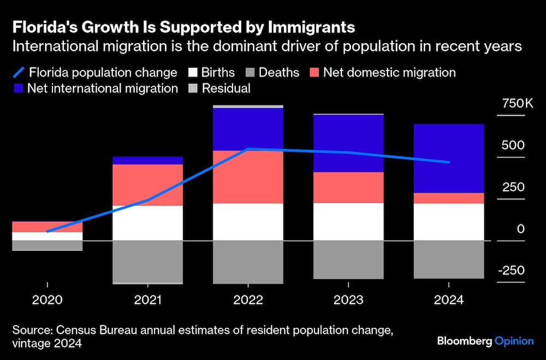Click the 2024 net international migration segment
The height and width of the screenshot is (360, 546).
click(448, 158)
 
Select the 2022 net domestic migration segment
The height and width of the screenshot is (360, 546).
click(248, 177)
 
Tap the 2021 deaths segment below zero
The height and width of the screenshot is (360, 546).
click(147, 261)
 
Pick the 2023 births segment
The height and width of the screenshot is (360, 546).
click(348, 221)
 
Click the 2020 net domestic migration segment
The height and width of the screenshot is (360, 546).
click(47, 227)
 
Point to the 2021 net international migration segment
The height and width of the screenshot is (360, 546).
click(147, 160)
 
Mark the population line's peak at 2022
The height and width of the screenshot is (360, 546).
click(248, 149)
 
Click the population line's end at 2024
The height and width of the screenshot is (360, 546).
click(448, 162)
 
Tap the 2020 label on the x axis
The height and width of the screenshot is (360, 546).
click(47, 300)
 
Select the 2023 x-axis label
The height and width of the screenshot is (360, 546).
click(348, 300)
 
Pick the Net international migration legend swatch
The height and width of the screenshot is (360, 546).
click(18, 88)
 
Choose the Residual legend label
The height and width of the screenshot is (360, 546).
click(225, 88)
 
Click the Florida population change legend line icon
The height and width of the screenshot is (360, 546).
click(19, 73)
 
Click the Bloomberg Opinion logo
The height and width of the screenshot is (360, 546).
click(485, 341)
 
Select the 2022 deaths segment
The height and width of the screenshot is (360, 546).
click(248, 262)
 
